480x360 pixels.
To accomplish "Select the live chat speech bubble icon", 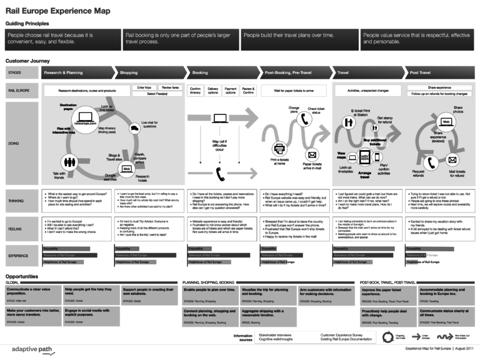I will point(134,129).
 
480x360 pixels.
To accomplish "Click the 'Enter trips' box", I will point(144,88).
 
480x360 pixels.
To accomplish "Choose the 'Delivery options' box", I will point(213,91).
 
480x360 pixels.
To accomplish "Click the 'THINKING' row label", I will point(17,201).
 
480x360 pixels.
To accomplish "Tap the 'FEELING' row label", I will point(16,229).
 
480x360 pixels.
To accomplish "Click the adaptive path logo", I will point(25,348).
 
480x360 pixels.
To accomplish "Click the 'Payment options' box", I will point(231,91).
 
